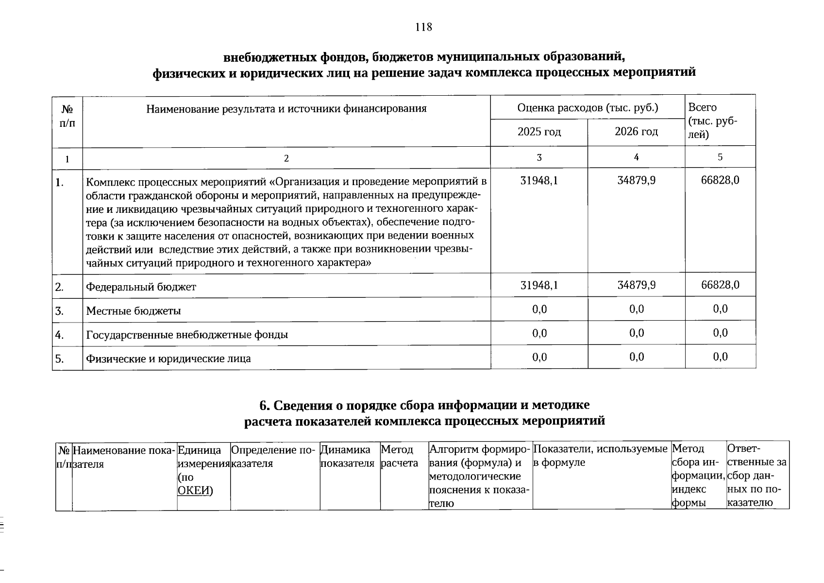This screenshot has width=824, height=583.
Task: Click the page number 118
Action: tap(423, 27)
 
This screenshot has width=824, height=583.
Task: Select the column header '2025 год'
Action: tap(539, 132)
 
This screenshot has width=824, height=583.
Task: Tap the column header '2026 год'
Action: tap(636, 132)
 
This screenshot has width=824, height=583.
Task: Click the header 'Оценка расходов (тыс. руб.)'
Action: tap(588, 108)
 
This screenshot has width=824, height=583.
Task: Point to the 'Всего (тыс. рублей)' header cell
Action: tap(712, 120)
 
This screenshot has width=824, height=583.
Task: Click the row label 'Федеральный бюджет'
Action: tap(141, 287)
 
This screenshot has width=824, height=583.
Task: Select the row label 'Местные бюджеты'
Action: tap(133, 311)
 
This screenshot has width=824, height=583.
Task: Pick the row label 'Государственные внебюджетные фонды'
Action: tap(186, 335)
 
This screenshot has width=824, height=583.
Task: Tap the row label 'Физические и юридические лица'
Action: tap(168, 359)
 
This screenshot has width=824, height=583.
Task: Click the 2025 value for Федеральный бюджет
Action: tap(539, 285)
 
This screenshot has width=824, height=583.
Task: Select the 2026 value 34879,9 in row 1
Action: tap(636, 181)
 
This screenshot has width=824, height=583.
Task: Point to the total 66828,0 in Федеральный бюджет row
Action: tap(720, 285)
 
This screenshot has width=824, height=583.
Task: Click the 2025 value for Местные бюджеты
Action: tap(539, 309)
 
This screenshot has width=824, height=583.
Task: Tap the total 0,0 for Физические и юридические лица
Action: tap(721, 357)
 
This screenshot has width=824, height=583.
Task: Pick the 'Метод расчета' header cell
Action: tap(399, 457)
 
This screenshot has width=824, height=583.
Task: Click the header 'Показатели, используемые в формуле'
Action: tap(600, 456)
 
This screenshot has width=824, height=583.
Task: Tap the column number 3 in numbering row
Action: tap(539, 157)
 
